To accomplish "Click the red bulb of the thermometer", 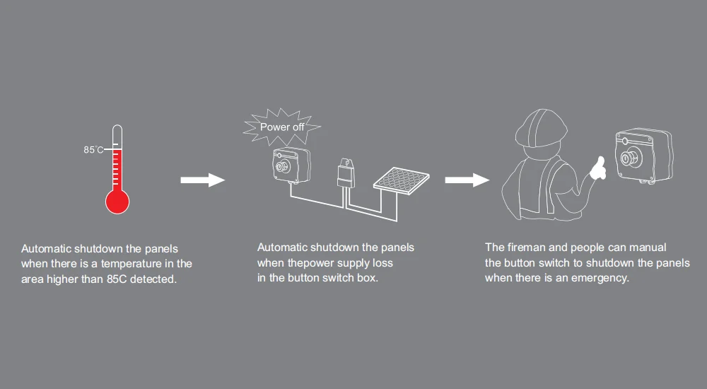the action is (x=117, y=202).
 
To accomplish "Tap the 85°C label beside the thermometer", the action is (x=93, y=149).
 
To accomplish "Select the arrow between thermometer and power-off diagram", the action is (x=203, y=180).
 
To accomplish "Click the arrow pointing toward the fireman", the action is (x=467, y=180).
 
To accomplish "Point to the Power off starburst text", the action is (x=282, y=127).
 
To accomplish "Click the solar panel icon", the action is (x=402, y=180).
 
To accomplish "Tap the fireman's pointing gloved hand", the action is (x=597, y=169).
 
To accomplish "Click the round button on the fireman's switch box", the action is (x=628, y=158).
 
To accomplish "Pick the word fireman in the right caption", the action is (x=526, y=248).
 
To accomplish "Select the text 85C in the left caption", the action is (x=117, y=279).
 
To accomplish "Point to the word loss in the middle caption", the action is (x=382, y=262).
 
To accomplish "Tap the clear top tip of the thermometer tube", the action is (x=117, y=128).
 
